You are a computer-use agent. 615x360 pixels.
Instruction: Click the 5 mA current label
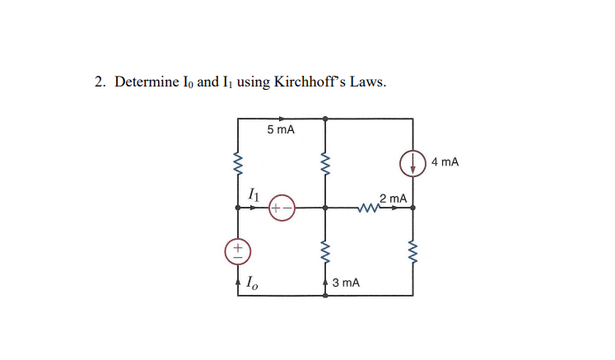pos(282,131)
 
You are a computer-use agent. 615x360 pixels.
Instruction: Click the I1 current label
pos(254,195)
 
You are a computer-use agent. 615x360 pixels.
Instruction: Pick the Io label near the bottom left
pos(249,283)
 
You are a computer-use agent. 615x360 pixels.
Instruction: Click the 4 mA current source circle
pos(412,163)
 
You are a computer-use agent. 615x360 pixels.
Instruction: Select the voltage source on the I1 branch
pos(281,208)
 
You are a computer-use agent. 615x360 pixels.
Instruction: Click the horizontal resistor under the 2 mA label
pos(367,208)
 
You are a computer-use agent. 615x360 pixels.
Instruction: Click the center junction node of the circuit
pos(325,208)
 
